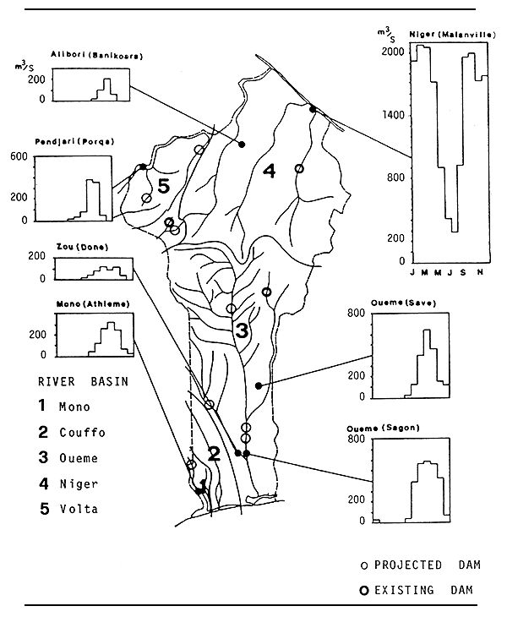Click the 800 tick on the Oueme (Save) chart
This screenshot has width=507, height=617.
(x=357, y=314)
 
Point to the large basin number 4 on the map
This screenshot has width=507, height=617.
(x=269, y=172)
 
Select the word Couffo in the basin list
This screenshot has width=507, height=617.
(x=82, y=433)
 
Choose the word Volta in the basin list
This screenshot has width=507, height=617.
(x=79, y=509)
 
